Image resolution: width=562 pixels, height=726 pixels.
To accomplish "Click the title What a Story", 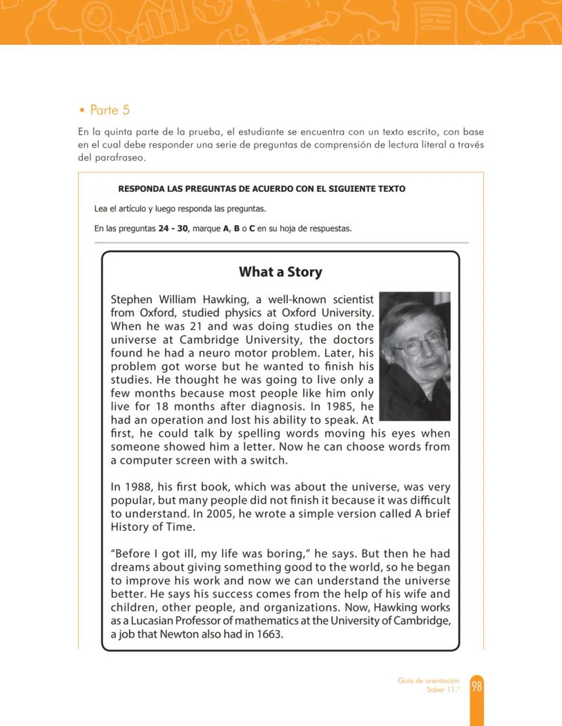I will pyautogui.click(x=280, y=272).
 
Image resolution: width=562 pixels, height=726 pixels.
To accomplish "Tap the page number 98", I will pyautogui.click(x=476, y=687).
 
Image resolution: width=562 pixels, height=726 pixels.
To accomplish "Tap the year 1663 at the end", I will pyautogui.click(x=269, y=634).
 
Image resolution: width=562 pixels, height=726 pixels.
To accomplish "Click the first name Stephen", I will pyautogui.click(x=132, y=300).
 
